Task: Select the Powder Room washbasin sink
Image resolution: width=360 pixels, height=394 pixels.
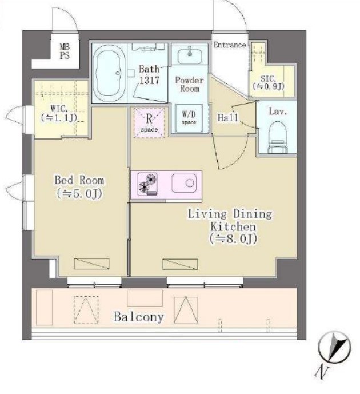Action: coord(189,57)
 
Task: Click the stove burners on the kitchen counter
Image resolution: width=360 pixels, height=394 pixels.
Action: coord(146,184)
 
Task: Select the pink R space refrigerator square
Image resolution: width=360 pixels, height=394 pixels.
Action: coord(149,122)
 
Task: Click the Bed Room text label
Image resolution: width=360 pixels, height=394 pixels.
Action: coord(79,181)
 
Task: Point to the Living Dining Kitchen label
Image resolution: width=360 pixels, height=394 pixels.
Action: coord(230,220)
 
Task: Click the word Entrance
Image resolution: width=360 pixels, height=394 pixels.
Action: coord(229,45)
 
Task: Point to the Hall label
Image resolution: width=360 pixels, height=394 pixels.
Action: coord(228,117)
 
